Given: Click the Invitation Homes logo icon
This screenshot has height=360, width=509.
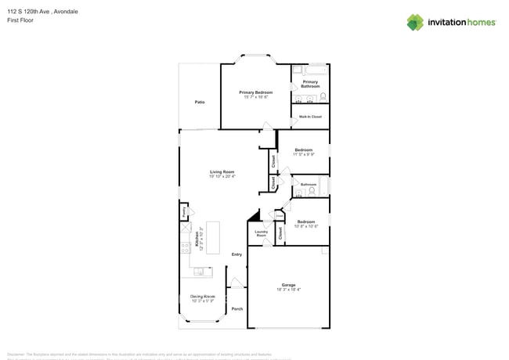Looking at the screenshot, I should coord(415,22).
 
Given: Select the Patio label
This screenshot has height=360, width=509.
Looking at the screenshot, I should coord(200,103).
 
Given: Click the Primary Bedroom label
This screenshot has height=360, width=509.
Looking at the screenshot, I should coord(255,92).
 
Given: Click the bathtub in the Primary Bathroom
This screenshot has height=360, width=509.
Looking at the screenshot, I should coord(310,70).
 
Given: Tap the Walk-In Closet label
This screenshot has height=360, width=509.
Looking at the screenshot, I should coord(310,117).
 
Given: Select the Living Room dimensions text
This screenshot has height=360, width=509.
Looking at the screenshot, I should coord(222,177).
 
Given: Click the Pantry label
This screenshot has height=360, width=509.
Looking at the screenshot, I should coord(184,211).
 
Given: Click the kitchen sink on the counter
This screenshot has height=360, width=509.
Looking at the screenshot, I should coord(200,272).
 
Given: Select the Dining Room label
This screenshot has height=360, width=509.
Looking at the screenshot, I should coord(203,297).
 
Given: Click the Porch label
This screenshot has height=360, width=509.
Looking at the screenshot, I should coord(236,308).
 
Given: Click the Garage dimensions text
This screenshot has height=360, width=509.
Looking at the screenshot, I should coord(288,290).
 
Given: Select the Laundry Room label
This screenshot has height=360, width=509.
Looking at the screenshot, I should coord(262,233).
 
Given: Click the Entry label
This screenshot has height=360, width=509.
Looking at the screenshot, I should coord(236,254).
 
